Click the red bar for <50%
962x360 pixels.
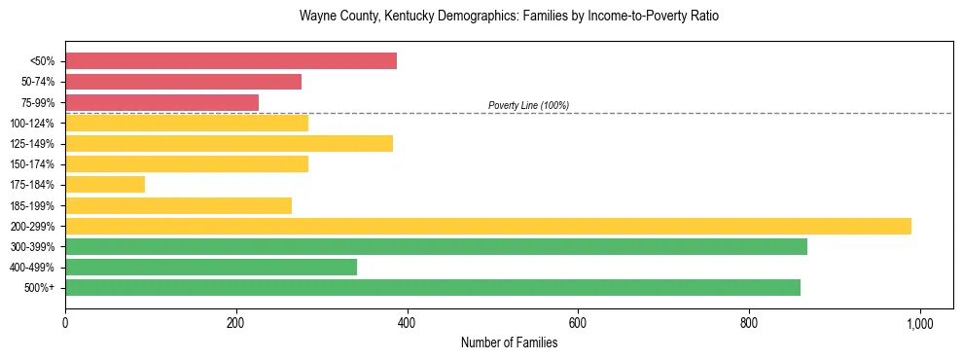click(231, 61)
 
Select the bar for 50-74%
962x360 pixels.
click(183, 82)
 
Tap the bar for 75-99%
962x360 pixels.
click(161, 102)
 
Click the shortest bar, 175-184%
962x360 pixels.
click(105, 184)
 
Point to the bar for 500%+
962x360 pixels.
click(433, 287)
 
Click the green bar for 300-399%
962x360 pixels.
click(436, 246)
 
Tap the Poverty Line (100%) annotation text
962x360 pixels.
click(528, 105)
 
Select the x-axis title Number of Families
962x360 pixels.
click(509, 342)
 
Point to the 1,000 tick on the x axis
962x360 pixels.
click(919, 322)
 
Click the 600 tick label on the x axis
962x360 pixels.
click(578, 322)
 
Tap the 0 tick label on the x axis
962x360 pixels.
click(65, 322)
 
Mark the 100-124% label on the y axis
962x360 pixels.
click(32, 124)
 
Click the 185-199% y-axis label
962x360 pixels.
click(32, 205)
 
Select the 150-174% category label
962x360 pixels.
click(32, 164)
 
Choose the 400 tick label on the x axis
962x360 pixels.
click(407, 322)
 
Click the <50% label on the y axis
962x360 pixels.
click(42, 61)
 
